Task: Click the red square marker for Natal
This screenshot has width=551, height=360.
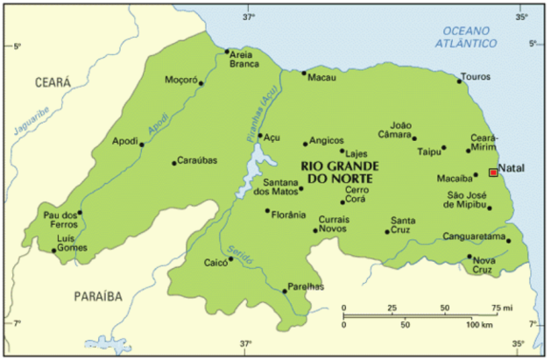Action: (x=493, y=173)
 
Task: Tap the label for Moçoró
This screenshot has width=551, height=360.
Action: (x=180, y=80)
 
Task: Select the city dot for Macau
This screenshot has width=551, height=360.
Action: (x=305, y=73)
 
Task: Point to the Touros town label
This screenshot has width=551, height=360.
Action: (x=476, y=76)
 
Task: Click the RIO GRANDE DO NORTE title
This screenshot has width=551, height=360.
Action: (x=336, y=172)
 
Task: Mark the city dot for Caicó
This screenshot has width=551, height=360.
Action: (x=230, y=261)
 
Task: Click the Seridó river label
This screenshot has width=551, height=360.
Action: (x=239, y=249)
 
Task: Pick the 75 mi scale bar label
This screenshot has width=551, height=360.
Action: (x=502, y=307)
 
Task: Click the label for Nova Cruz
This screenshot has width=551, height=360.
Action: (x=484, y=265)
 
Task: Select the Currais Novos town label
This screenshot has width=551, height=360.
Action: (x=333, y=223)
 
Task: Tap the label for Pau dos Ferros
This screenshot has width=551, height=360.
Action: (x=60, y=219)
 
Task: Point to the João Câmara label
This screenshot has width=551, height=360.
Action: (x=400, y=130)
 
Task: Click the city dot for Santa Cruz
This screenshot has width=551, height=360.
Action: (x=387, y=232)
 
